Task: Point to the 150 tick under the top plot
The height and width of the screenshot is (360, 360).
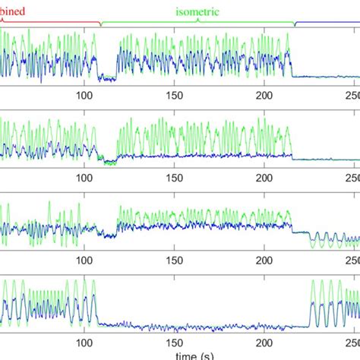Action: click(x=175, y=95)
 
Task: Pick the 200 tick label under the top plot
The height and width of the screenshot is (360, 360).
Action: click(x=264, y=95)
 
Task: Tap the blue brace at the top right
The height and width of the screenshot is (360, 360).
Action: click(x=327, y=24)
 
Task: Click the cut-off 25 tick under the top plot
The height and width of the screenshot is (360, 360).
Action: click(x=352, y=95)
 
